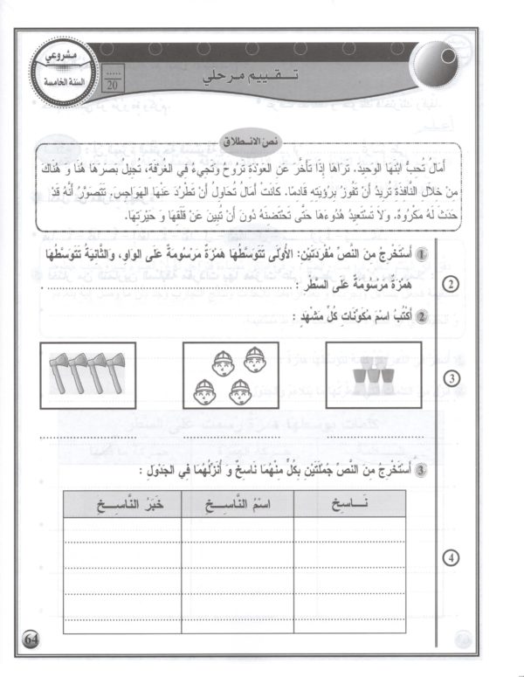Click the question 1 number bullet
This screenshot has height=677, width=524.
tap(421, 253)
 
